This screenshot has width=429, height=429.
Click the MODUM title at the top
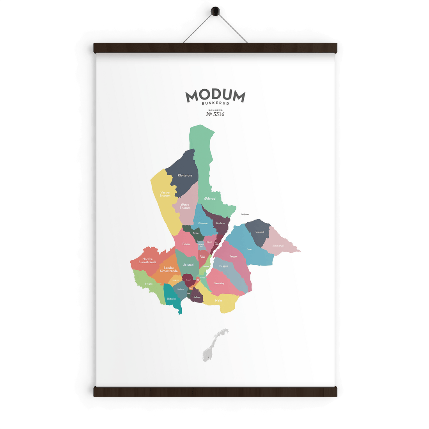215,96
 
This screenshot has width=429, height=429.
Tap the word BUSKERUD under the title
215,103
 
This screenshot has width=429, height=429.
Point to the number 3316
218,114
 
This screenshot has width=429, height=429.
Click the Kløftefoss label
185,175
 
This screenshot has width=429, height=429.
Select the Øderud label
210,199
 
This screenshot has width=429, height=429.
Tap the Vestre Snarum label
165,194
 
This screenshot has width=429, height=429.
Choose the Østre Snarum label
185,206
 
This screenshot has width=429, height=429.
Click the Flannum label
203,223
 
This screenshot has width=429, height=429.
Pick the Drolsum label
221,223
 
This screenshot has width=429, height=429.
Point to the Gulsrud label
260,232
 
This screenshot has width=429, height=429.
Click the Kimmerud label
278,246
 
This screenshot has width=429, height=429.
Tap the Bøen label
186,244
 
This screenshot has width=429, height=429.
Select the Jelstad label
188,265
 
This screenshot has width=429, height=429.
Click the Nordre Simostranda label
147,261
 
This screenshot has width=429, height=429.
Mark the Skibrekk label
171,299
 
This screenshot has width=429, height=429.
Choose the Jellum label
197,297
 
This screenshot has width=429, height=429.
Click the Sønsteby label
219,283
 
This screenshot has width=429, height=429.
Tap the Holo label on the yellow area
218,301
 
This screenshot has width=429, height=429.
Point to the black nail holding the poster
214,12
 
